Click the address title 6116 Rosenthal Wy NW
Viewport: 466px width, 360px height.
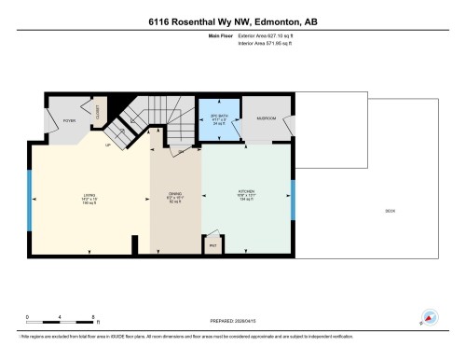232,20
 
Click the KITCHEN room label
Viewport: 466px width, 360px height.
246,196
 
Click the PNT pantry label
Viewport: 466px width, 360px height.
212,246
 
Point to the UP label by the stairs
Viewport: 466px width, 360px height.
108,145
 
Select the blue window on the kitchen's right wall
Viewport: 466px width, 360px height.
293,199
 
